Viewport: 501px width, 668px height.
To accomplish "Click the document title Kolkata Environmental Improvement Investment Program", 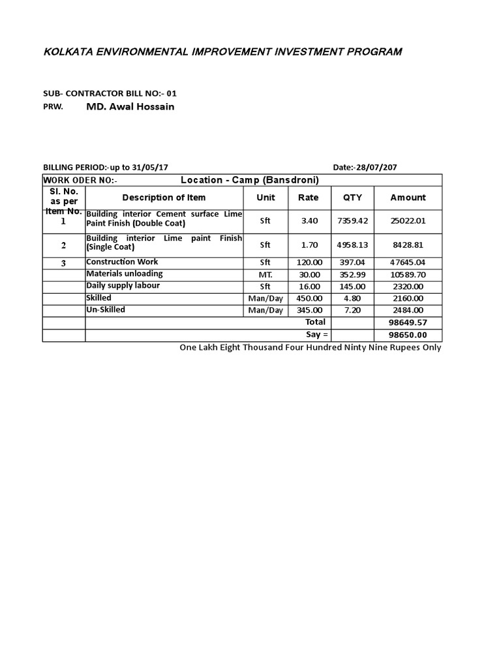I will pyautogui.click(x=222, y=52).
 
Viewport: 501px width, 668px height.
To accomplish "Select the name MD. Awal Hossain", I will pyautogui.click(x=130, y=106).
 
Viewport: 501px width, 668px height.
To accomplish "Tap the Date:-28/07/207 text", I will pyautogui.click(x=365, y=167).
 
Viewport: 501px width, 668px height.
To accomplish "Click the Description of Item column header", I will pyautogui.click(x=164, y=198).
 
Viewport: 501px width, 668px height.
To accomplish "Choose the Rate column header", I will pyautogui.click(x=309, y=198).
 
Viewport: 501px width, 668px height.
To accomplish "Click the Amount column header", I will pyautogui.click(x=408, y=198).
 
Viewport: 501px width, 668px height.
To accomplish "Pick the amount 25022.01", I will pyautogui.click(x=408, y=221).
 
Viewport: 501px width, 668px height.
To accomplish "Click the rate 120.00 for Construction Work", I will pyautogui.click(x=309, y=263).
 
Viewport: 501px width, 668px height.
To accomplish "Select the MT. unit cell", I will pyautogui.click(x=265, y=275).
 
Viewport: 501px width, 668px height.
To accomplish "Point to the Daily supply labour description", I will pyautogui.click(x=123, y=286).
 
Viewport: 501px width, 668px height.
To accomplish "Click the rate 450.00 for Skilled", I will pyautogui.click(x=309, y=298).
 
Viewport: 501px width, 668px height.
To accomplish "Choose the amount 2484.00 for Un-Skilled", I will pyautogui.click(x=408, y=311).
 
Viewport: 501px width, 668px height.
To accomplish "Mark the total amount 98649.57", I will pyautogui.click(x=408, y=323).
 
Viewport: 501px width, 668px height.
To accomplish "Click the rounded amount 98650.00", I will pyautogui.click(x=408, y=335).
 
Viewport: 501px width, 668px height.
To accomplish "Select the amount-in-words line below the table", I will pyautogui.click(x=311, y=348).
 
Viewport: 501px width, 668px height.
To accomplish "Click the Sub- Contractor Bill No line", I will pyautogui.click(x=110, y=93).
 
